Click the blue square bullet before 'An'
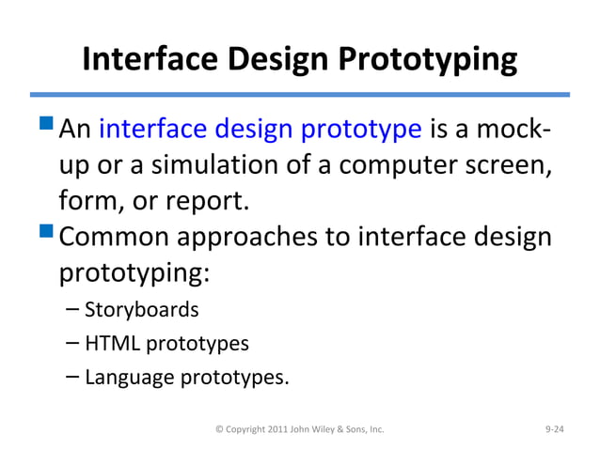[x=47, y=129]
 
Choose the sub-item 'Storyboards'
[x=141, y=309]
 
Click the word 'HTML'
[x=110, y=343]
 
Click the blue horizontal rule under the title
[x=300, y=94]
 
